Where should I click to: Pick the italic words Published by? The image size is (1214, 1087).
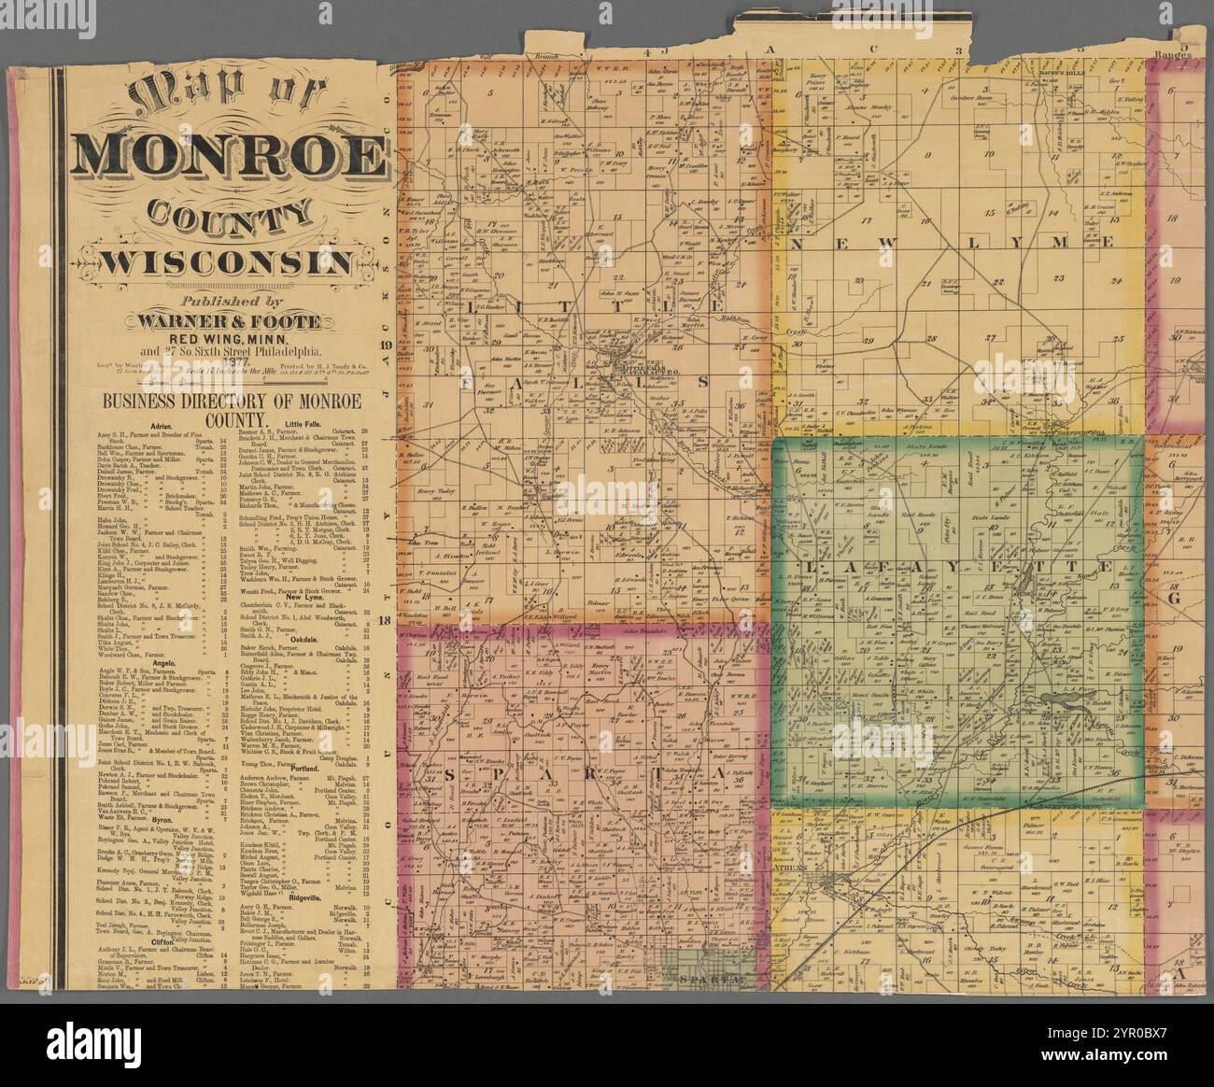pos(228,302)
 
